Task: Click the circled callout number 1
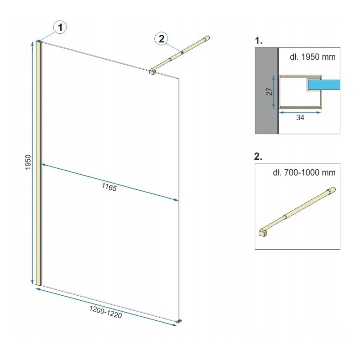[x=60, y=27]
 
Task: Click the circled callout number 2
[x=162, y=39]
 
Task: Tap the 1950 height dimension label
[x=28, y=162]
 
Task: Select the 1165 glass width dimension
[x=109, y=187]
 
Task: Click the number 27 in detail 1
[x=269, y=92]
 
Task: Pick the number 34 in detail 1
[x=300, y=117]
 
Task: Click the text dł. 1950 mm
[x=312, y=57]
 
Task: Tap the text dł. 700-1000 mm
[x=304, y=172]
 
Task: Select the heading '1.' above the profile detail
[x=258, y=40]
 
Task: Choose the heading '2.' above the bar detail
[x=258, y=156]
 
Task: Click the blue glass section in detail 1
[x=324, y=85]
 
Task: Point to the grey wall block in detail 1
[x=266, y=91]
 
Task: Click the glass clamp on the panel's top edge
[x=152, y=72]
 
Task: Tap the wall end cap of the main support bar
[x=206, y=38]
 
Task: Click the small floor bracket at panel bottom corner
[x=179, y=321]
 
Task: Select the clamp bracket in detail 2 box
[x=262, y=233]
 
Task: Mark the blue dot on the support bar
[x=182, y=53]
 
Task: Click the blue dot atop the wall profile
[x=39, y=41]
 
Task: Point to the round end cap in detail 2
[x=332, y=190]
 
